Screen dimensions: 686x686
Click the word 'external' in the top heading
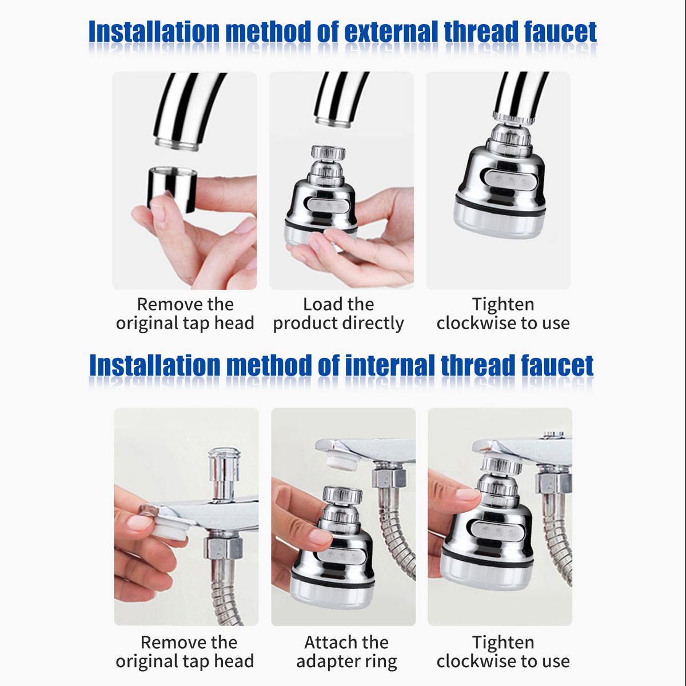click(390, 31)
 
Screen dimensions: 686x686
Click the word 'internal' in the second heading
click(390, 366)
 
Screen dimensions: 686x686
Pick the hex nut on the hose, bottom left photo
click(223, 548)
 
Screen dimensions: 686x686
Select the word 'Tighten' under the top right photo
click(503, 304)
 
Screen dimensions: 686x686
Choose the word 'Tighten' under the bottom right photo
click(503, 643)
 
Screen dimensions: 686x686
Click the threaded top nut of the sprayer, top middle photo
click(328, 152)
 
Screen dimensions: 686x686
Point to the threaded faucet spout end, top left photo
click(177, 143)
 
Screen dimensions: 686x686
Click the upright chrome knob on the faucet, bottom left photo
click(225, 474)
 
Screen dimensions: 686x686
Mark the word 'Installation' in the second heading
click(155, 366)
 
